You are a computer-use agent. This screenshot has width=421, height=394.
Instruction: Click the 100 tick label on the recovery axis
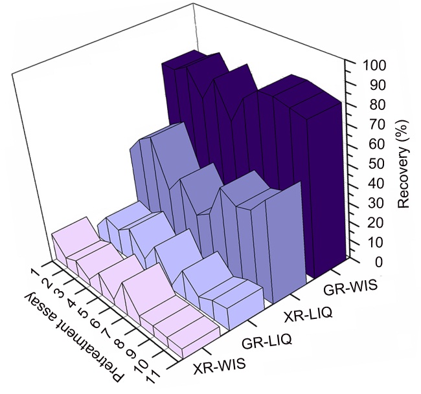[374, 65]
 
